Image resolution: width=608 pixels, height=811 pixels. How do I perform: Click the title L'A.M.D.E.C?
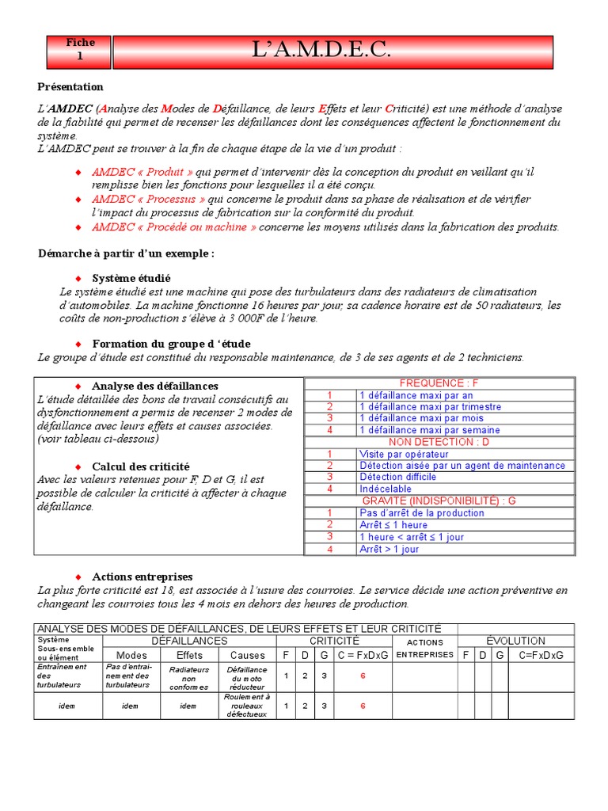coord(332,51)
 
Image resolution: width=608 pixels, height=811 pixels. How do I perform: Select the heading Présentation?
coord(70,86)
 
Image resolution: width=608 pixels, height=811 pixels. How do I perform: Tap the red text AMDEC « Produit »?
coord(142,172)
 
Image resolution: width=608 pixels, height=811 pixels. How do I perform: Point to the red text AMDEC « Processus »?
coord(149,199)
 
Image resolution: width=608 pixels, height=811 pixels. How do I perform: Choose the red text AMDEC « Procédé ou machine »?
coord(174,227)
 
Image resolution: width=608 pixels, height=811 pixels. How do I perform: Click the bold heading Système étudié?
coord(131,278)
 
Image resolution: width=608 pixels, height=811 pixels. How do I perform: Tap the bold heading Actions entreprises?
coord(142,577)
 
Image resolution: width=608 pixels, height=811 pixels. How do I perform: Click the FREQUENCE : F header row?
coord(439,383)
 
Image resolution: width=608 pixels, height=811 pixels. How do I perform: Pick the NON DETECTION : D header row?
coord(439,442)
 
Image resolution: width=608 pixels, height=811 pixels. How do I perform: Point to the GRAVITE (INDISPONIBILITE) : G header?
coord(439,501)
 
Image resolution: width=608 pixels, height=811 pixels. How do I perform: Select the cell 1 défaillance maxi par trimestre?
coord(430,407)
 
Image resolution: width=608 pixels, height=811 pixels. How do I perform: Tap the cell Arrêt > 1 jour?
coord(389,549)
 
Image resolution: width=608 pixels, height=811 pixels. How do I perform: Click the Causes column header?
coord(247,655)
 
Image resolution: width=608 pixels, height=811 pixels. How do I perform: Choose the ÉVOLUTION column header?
coord(515,640)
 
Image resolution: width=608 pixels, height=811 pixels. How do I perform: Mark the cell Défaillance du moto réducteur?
coord(247,678)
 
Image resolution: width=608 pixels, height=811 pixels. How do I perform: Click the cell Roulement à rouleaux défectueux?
coord(247,706)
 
